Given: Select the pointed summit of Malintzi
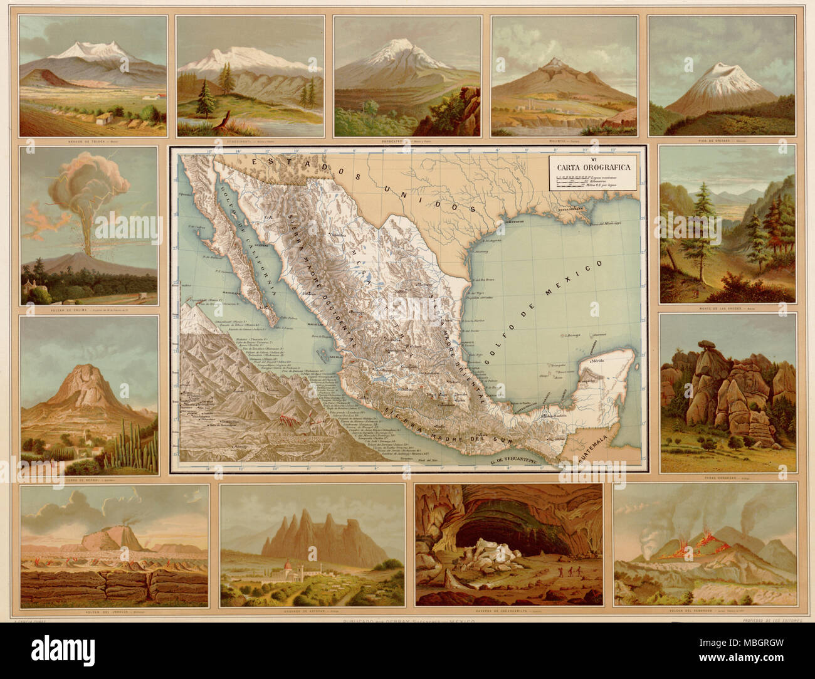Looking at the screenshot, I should (554, 61).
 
